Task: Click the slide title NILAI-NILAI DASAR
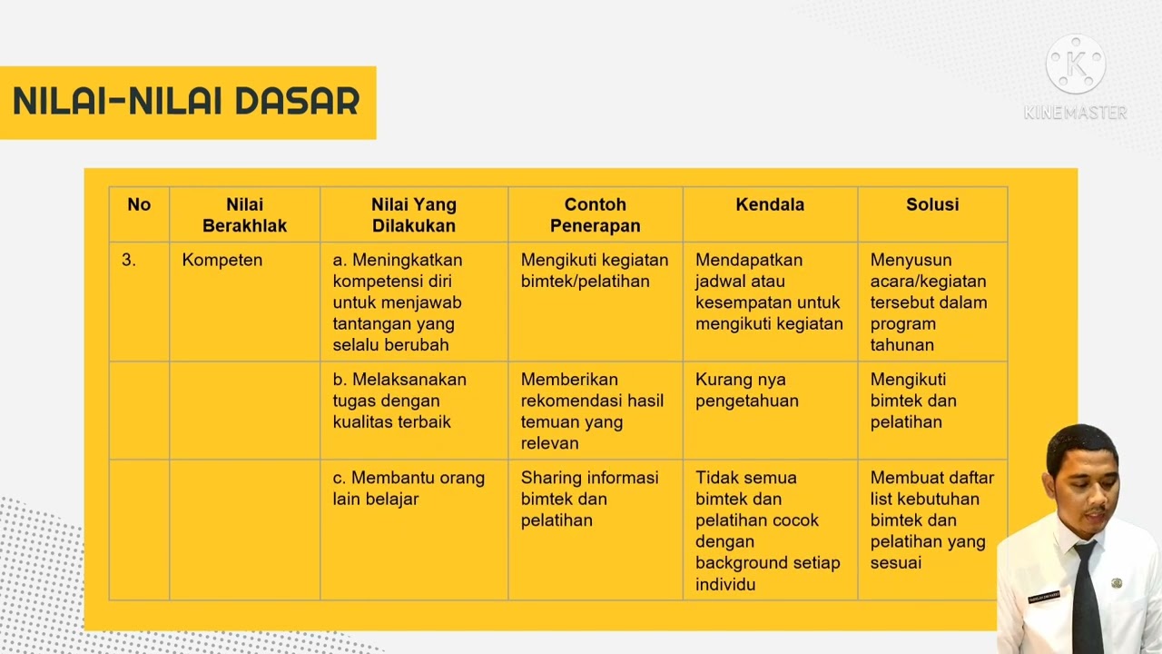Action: (x=186, y=102)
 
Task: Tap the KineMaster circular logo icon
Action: (x=1076, y=64)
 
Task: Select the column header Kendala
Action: (x=770, y=204)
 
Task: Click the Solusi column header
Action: (x=932, y=204)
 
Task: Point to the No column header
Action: (x=139, y=204)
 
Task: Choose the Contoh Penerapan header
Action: (x=595, y=215)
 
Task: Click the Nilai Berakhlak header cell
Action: (x=244, y=215)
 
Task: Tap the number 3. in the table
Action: (x=129, y=260)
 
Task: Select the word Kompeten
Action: (x=222, y=260)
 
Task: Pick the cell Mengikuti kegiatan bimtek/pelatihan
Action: (x=594, y=271)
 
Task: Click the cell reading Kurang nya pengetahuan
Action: (x=746, y=390)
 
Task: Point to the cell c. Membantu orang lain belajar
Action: (x=408, y=488)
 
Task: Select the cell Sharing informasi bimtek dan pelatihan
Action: (x=589, y=499)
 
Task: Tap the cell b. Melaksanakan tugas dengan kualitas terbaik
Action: (x=399, y=401)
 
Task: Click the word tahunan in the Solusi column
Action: (x=902, y=345)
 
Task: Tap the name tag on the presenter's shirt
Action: (x=1044, y=598)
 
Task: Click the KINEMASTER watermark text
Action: (x=1076, y=113)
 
